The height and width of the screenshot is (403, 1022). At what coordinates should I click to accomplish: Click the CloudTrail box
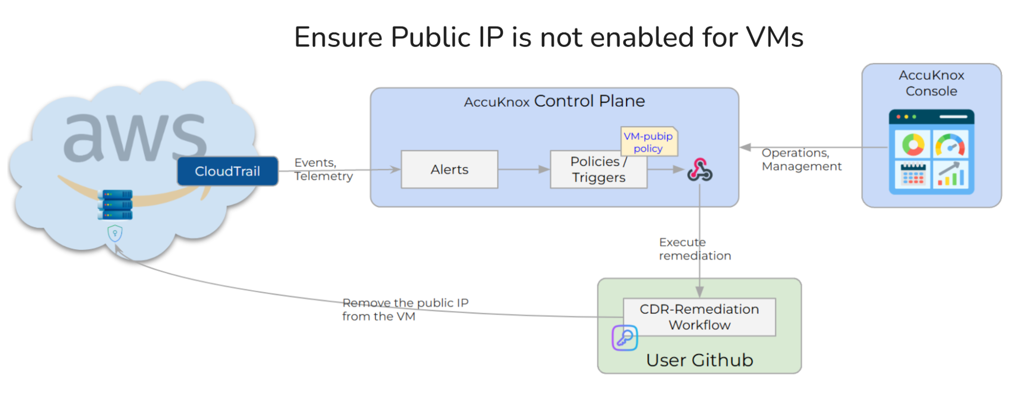point(228,171)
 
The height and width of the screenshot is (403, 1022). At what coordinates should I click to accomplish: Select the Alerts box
point(449,170)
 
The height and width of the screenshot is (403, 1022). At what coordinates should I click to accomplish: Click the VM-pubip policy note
point(648,142)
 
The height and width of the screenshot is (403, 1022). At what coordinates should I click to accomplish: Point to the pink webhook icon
point(699,170)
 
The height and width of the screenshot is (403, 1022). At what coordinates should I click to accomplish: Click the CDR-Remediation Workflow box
point(699,317)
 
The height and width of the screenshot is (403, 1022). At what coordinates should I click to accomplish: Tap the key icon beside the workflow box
point(624,338)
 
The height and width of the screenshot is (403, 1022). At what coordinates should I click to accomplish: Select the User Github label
point(699,361)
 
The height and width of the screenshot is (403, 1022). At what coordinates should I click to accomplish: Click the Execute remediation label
point(694,249)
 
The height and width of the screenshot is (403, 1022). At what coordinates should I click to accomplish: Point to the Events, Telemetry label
point(323,169)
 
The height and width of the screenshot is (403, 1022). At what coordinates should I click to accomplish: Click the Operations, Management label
point(801,159)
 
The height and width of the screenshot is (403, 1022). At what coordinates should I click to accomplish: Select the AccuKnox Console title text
point(931,83)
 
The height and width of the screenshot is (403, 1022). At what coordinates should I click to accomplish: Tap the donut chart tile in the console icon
point(913,145)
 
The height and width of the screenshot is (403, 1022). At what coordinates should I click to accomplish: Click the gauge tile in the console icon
point(950,145)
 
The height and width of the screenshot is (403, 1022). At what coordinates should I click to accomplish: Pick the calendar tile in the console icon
point(913,174)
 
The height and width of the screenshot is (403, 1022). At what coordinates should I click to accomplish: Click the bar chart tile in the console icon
point(950,174)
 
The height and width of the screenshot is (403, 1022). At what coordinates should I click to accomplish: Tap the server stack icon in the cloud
point(115,204)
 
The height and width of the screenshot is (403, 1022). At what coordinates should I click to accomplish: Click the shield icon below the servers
point(115,233)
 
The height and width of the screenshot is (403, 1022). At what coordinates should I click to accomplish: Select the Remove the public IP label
point(404,310)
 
